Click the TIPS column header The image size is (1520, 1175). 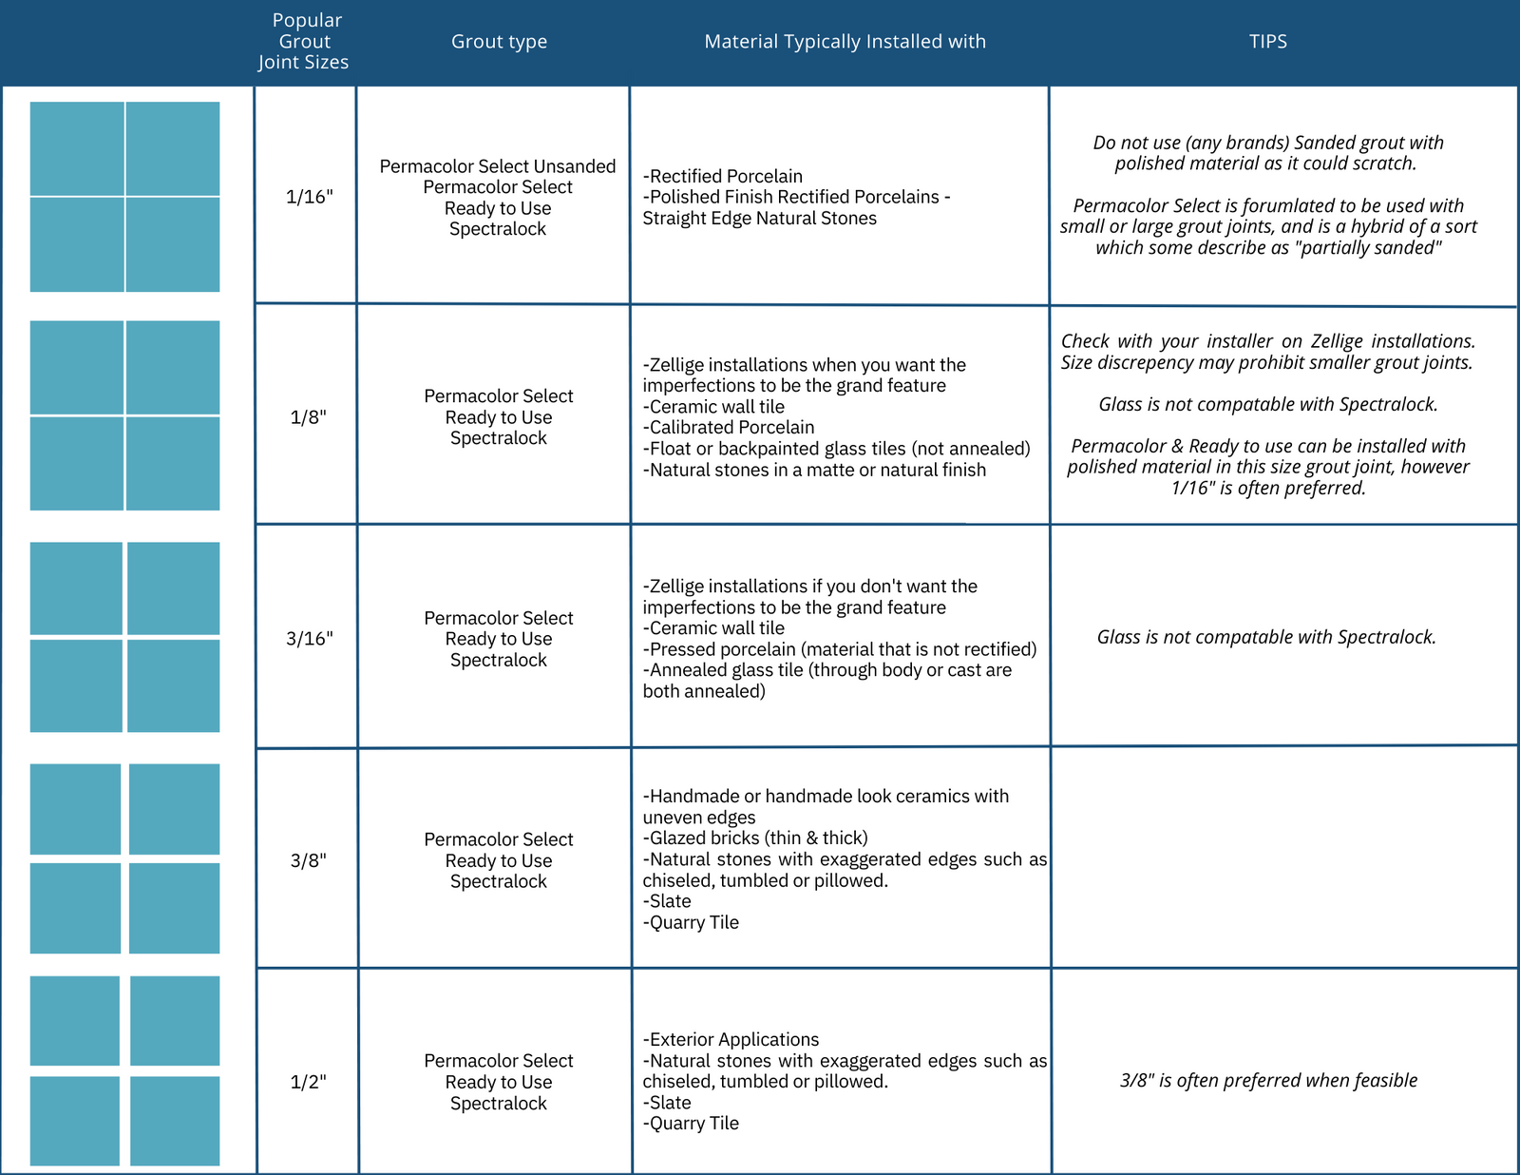click(1267, 42)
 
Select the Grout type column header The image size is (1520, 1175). click(499, 42)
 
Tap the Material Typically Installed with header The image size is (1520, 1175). click(845, 42)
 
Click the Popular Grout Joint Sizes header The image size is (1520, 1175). click(304, 42)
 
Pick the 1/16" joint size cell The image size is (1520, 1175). click(309, 197)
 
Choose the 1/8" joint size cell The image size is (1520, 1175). click(309, 417)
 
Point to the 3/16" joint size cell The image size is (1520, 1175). click(309, 639)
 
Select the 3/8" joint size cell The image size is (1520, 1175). click(309, 860)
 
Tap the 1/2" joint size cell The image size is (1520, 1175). click(309, 1082)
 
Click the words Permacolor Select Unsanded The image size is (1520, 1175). click(498, 166)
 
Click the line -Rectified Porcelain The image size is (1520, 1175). click(723, 176)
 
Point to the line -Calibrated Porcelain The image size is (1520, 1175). click(729, 428)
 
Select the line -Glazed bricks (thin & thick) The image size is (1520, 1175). click(755, 838)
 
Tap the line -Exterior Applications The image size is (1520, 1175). click(731, 1039)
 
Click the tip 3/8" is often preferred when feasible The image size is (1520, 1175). click(1268, 1080)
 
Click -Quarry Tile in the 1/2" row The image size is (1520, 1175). click(691, 1123)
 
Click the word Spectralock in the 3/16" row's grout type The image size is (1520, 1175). click(499, 660)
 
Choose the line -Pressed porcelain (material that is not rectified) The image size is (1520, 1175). click(840, 649)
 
